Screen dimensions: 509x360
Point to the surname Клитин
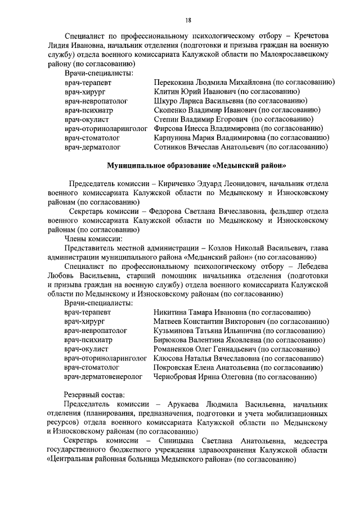coord(166,91)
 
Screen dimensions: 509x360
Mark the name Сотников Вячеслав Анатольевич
coord(209,147)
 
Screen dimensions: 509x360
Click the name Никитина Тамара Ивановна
coord(201,312)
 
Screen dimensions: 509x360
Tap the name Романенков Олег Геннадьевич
coord(208,349)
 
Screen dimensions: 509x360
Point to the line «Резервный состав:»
coord(94,394)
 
